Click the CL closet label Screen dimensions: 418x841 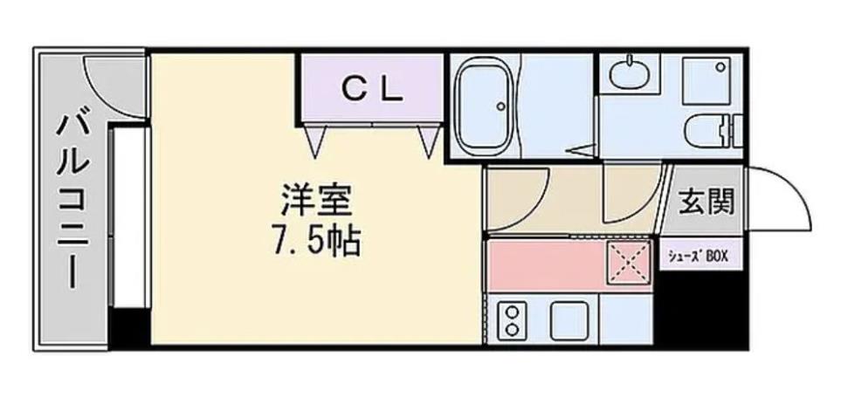(371, 88)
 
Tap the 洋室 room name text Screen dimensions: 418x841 (316, 202)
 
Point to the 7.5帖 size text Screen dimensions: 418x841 (316, 240)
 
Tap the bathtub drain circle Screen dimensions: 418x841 (501, 107)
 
